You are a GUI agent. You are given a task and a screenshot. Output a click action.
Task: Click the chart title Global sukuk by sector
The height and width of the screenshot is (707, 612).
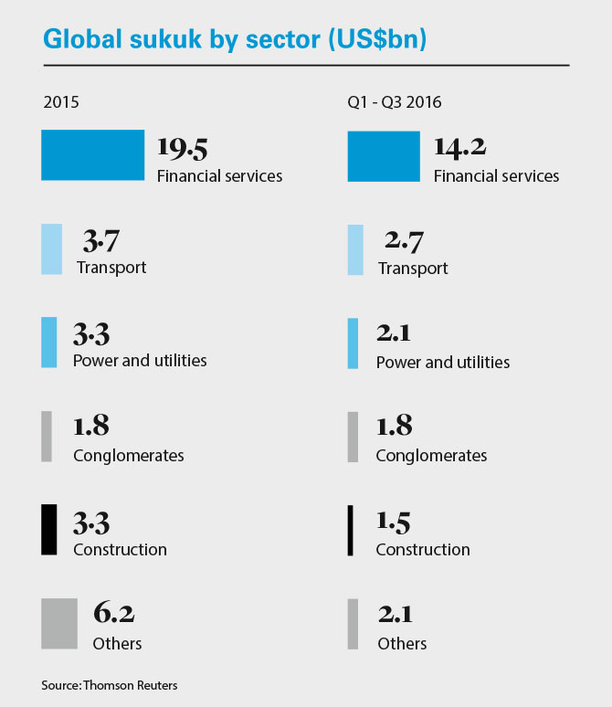tap(236, 40)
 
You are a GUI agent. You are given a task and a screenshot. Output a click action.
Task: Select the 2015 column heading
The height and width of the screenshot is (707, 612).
tap(61, 101)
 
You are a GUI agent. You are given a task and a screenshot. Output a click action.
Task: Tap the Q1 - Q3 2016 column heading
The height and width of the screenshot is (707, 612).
tap(395, 101)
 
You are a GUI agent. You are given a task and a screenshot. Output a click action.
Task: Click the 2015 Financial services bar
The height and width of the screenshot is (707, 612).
tap(92, 154)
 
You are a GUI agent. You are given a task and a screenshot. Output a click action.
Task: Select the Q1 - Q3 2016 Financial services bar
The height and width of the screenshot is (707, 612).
tap(384, 154)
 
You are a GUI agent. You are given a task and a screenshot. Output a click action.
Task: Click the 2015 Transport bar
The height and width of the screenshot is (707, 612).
tap(51, 249)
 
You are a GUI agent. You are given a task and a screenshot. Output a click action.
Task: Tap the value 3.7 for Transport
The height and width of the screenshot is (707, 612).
tap(101, 241)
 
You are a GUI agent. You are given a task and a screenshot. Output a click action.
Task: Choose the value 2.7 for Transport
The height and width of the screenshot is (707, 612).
tap(404, 241)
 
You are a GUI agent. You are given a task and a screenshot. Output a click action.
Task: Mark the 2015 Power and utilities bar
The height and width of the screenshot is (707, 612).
tap(48, 343)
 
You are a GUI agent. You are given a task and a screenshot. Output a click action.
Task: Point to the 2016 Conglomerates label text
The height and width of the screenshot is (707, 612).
tap(431, 455)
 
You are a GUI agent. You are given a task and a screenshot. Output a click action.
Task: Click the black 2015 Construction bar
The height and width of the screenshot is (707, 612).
tap(48, 529)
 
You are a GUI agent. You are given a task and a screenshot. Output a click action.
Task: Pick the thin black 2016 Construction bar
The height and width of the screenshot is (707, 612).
tap(350, 531)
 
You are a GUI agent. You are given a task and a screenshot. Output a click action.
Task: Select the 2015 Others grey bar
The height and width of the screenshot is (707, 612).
tap(59, 624)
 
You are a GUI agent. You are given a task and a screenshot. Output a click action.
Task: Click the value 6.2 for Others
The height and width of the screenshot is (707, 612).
tap(114, 615)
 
